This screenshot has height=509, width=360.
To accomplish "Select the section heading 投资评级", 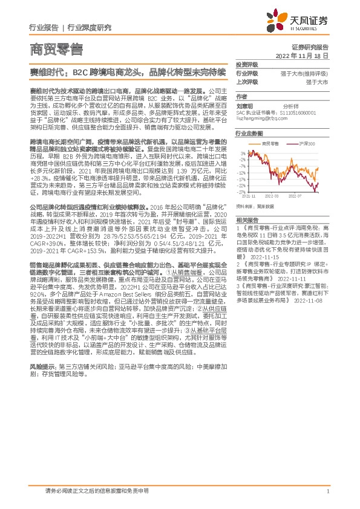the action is coord(247,64).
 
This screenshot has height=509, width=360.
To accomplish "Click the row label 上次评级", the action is coord(247,81).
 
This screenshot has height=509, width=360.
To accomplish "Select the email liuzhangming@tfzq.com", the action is coord(262,119).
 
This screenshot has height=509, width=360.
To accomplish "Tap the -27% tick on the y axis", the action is coord(241,193).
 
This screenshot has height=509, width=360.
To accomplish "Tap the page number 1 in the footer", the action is coord(327,491).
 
